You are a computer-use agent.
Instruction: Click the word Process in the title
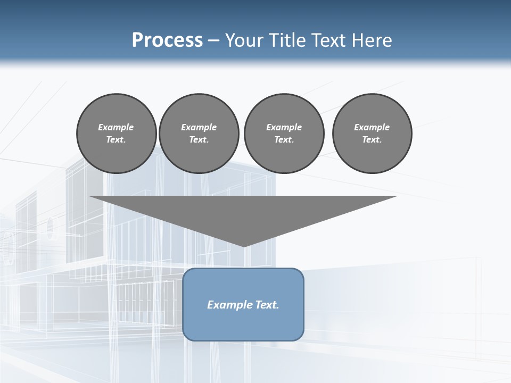[x=167, y=40]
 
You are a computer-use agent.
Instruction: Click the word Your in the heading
[x=243, y=40]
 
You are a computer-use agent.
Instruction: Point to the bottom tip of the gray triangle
[x=244, y=246]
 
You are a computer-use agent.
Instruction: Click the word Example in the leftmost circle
[x=116, y=127]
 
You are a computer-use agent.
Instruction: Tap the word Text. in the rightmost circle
[x=372, y=140]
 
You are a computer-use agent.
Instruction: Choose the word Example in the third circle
[x=284, y=127]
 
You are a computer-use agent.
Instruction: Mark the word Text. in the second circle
[x=199, y=140]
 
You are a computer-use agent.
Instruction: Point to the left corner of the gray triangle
[x=89, y=197]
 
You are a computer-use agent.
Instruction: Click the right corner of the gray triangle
[x=397, y=197]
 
